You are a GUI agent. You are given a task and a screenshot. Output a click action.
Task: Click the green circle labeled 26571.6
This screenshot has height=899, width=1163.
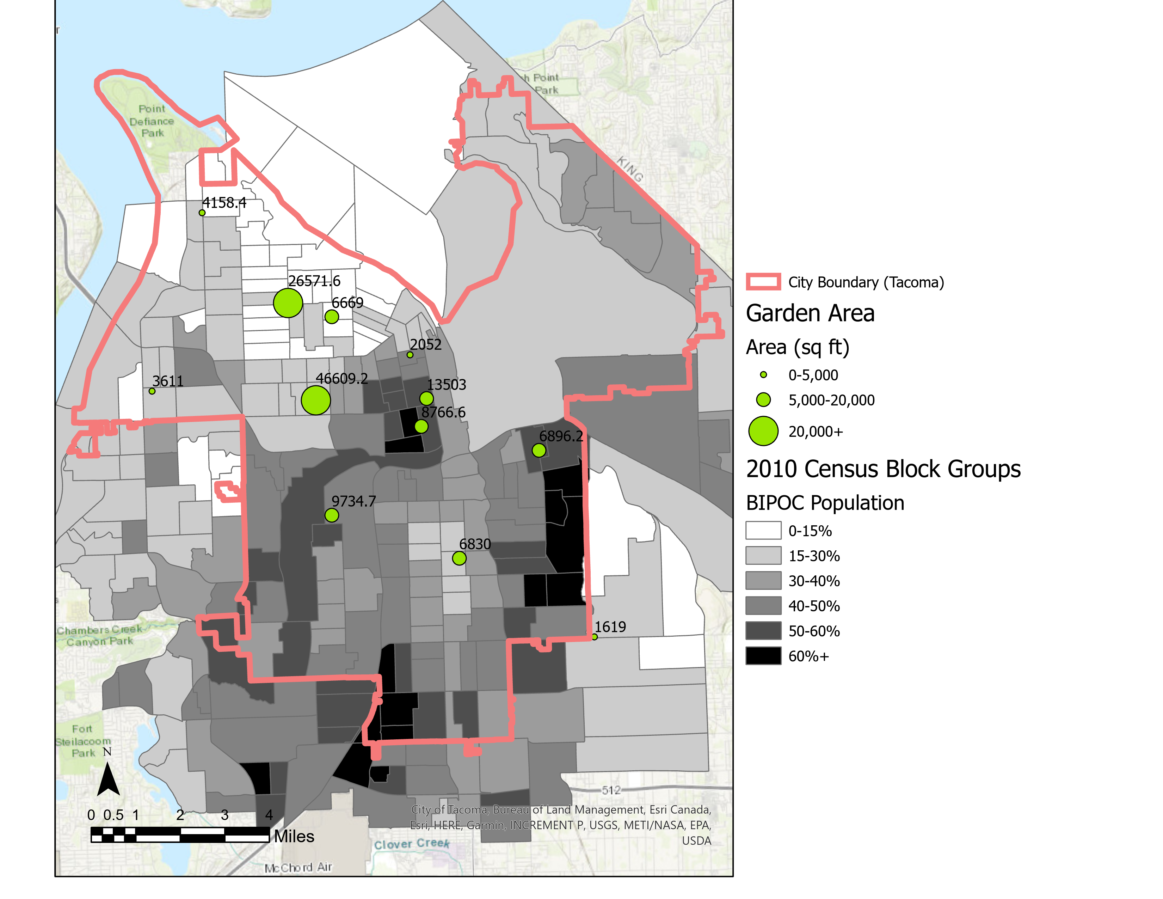point(288,303)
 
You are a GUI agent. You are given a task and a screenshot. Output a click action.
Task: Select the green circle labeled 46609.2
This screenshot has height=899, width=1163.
point(316,400)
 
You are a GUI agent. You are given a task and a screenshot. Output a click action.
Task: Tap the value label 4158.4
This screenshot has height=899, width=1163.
point(224,203)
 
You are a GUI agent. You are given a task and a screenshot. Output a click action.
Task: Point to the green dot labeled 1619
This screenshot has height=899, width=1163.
point(595,637)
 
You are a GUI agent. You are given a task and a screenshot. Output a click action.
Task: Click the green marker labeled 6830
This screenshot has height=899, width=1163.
point(459,558)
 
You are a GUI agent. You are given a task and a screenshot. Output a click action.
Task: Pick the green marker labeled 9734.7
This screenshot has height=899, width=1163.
point(332,515)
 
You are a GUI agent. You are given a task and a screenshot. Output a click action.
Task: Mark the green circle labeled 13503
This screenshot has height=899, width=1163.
point(426,398)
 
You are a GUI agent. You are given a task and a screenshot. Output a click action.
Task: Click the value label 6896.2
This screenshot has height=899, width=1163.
point(561,436)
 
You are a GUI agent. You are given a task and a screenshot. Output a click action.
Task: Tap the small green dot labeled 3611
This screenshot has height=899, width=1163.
point(152,391)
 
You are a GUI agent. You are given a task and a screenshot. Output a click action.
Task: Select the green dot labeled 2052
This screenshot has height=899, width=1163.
point(410,355)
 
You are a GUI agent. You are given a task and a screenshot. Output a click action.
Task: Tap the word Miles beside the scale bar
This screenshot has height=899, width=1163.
point(294,836)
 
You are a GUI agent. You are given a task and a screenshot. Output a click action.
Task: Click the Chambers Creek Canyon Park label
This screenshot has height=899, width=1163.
point(100,635)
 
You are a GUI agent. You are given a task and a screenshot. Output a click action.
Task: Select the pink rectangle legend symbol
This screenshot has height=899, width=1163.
point(763,282)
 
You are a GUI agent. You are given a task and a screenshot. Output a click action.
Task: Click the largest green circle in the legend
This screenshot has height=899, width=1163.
point(763,431)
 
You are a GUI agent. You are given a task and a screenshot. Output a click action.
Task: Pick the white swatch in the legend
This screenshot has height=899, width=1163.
point(763,531)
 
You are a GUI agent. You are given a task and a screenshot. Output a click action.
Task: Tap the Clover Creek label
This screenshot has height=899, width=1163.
point(412,844)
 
